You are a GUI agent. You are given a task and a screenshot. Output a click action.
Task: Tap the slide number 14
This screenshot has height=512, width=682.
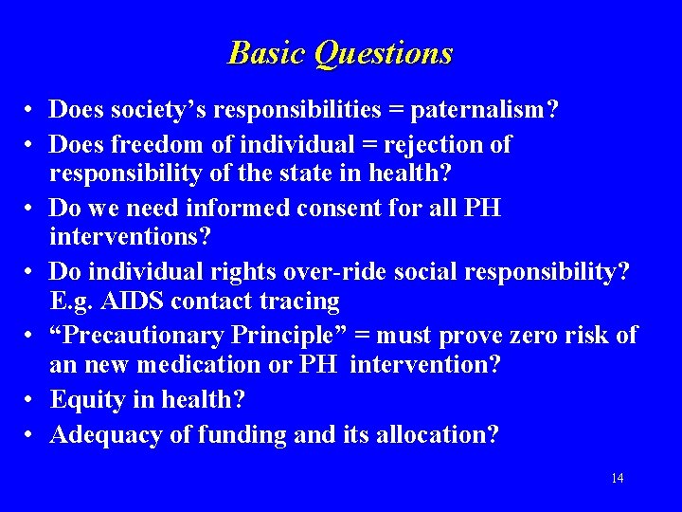coord(617,478)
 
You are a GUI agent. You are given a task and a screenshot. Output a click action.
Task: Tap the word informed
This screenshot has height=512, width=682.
coord(237,208)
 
